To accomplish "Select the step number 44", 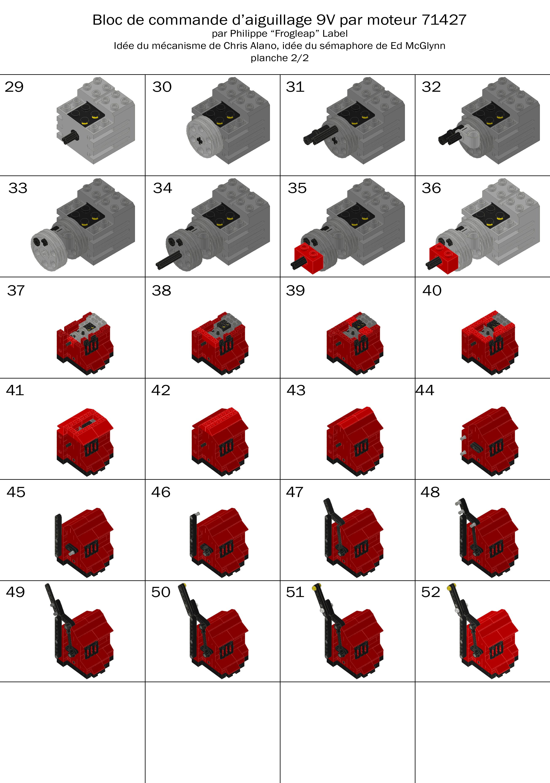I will coord(425,390).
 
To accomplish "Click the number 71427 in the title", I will coord(444,20).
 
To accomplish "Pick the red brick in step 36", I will coord(444,258).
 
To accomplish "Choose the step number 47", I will coord(295,492).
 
